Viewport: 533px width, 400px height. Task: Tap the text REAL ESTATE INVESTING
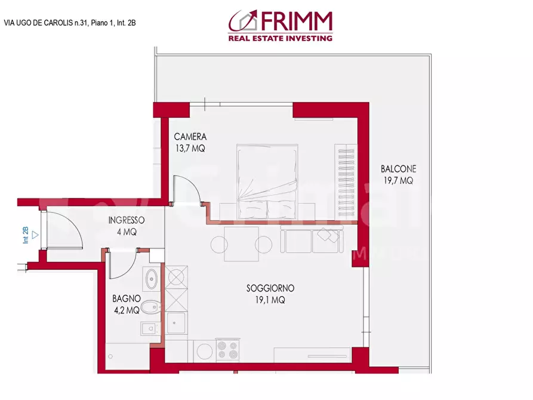[280, 38]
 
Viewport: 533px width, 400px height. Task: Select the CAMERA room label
[190, 137]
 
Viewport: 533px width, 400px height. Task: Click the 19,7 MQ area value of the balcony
[398, 180]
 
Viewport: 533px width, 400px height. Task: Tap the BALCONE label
[398, 169]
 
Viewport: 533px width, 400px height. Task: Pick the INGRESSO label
[126, 220]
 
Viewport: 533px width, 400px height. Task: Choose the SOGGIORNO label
[270, 288]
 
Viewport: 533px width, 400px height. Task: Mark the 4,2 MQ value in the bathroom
[126, 310]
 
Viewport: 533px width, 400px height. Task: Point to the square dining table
[241, 244]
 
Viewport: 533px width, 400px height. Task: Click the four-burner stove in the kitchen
[227, 350]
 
